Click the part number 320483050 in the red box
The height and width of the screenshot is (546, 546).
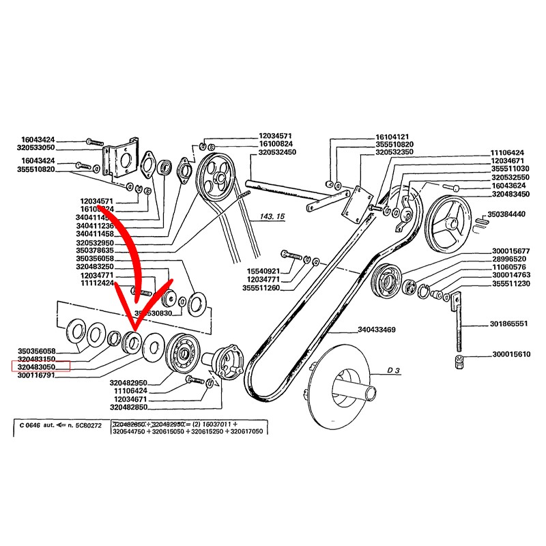point(41,367)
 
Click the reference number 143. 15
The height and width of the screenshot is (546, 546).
point(271,216)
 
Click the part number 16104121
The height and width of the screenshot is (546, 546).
point(394,136)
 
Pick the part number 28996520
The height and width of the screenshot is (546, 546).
point(506,259)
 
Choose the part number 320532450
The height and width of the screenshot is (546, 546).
point(276,152)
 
